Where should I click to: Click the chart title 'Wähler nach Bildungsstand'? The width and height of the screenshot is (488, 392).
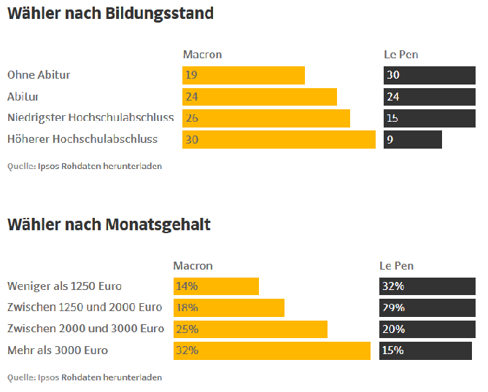coord(110,14)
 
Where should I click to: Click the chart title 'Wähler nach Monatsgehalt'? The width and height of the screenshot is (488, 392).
coord(109,224)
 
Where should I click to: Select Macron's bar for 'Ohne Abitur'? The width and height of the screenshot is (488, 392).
coord(243,75)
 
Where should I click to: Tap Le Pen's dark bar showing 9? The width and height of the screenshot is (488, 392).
coord(413,139)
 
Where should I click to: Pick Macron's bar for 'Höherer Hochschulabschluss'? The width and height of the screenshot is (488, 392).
coord(279,139)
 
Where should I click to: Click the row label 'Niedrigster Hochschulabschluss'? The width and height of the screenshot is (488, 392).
coord(90,117)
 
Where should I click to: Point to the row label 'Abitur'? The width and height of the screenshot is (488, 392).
coord(23,96)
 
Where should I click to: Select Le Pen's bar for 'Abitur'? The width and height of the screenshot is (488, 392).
coord(429,96)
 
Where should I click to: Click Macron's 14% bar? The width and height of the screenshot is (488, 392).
coord(216,286)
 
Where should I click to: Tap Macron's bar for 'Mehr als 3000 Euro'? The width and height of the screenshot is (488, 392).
coord(271,350)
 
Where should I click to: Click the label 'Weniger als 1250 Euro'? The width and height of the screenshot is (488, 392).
coord(64,286)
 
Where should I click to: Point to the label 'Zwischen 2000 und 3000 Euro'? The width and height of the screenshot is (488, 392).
coord(85,329)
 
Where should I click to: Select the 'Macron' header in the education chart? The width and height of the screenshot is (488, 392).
coord(202,55)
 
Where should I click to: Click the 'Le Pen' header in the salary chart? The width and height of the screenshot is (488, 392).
coord(396,266)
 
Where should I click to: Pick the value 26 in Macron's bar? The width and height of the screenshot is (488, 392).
coord(192,118)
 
